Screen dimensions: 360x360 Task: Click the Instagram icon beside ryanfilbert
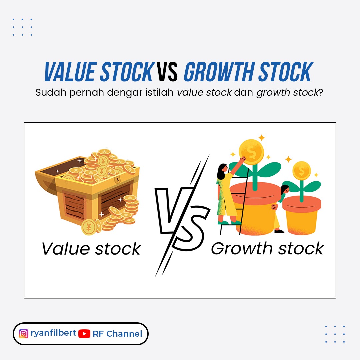[23, 334]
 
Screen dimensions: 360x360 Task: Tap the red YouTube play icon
[84, 334]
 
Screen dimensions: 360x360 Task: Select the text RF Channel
[117, 334]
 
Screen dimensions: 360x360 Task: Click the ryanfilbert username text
[53, 333]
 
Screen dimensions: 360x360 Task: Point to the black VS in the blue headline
[167, 72]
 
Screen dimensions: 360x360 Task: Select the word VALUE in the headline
[71, 72]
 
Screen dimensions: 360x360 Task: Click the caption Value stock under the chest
[91, 249]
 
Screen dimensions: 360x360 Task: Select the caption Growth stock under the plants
[267, 249]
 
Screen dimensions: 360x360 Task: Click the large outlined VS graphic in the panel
[183, 216]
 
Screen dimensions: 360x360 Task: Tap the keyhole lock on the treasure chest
[118, 180]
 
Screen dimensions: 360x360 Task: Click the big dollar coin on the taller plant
[251, 152]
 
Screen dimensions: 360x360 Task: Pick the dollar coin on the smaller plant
[301, 171]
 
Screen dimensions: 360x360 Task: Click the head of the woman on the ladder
[222, 171]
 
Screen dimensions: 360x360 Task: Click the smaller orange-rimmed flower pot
[301, 215]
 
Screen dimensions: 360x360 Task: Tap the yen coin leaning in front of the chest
[89, 227]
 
